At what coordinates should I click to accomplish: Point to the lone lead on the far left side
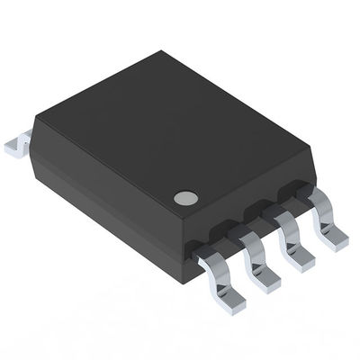(x=18, y=144)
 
